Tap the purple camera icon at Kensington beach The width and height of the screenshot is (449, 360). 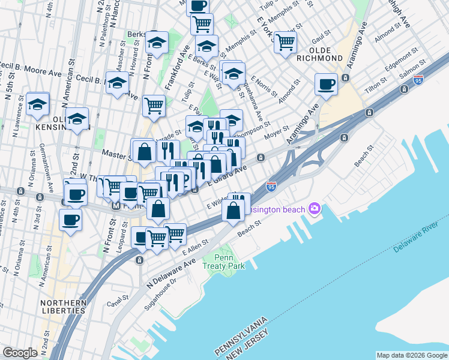point(313,209)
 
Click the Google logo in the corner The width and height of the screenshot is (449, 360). point(20,353)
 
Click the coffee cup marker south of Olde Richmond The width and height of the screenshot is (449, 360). point(327,84)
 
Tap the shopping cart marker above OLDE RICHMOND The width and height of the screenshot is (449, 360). point(285,42)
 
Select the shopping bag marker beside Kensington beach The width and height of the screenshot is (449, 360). point(234,211)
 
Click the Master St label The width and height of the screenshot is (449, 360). point(115,154)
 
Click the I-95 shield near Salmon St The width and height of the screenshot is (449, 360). point(418,79)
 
